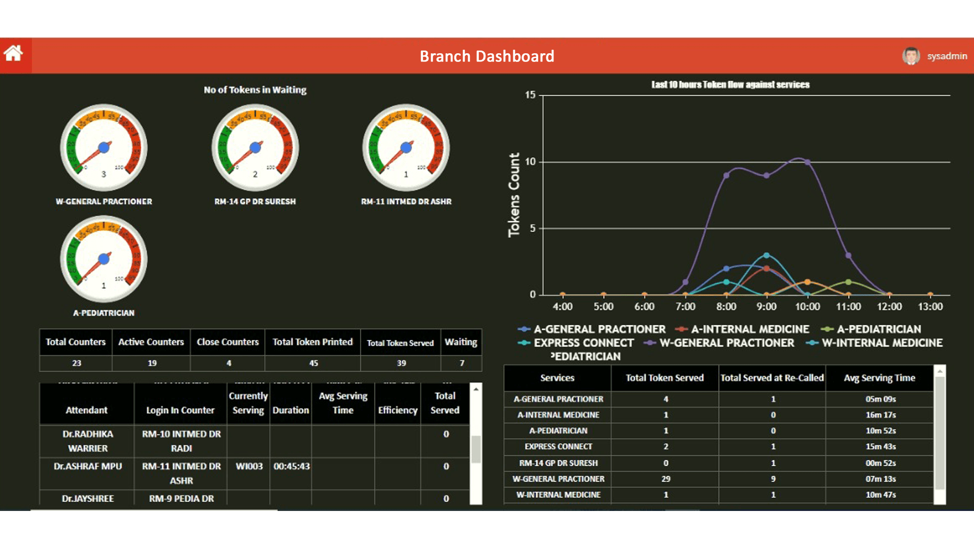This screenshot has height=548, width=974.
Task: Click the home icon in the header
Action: [x=14, y=53]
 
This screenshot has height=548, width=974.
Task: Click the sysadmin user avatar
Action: [x=911, y=56]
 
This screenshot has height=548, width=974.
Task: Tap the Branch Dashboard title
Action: [x=486, y=56]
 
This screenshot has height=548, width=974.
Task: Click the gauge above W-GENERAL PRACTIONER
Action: [x=104, y=148]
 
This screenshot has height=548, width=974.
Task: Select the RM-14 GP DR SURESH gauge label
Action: [x=255, y=201]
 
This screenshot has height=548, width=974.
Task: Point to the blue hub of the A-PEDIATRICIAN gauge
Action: [x=104, y=259]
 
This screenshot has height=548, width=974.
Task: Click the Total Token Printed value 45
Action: [x=313, y=363]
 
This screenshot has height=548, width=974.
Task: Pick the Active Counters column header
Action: [x=151, y=342]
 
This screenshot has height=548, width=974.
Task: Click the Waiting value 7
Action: [x=462, y=363]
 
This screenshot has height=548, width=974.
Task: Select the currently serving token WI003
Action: [x=249, y=466]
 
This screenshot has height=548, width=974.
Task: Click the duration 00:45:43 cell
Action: [x=291, y=466]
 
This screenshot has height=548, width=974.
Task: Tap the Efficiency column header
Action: [x=398, y=410]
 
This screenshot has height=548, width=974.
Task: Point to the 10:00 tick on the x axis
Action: [x=807, y=306]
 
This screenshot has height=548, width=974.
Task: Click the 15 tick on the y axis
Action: [x=530, y=95]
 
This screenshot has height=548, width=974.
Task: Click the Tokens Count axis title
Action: [x=514, y=195]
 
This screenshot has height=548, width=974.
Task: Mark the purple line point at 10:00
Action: [x=807, y=162]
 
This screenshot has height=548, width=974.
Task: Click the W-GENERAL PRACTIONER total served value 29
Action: [x=666, y=479]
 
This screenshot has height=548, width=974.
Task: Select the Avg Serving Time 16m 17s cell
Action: [x=880, y=415]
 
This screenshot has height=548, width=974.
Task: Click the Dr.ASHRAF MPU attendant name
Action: [x=88, y=466]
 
